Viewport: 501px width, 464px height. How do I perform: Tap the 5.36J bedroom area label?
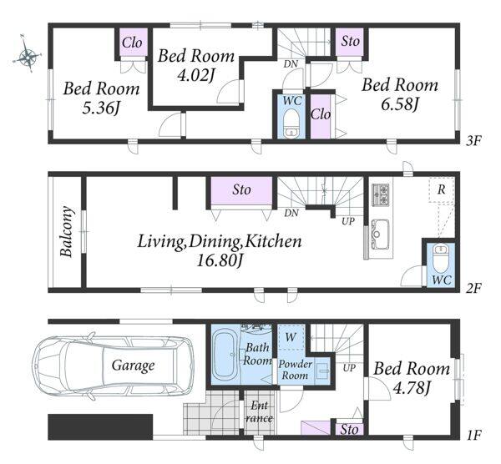101,108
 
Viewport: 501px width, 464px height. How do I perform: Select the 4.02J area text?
195,76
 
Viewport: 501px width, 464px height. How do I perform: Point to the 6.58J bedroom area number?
399,104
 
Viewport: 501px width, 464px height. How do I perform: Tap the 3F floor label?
473,141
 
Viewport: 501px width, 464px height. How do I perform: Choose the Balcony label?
67,231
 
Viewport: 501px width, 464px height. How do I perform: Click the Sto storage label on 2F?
241,189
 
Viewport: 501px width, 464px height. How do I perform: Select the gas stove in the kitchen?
381,194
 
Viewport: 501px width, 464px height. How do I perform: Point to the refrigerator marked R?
442,189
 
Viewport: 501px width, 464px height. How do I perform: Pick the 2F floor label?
473,289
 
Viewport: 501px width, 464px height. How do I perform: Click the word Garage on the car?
133,366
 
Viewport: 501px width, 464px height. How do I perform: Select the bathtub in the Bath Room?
225,355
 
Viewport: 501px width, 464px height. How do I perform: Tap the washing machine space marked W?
291,337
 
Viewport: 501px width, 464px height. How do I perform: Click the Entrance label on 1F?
259,412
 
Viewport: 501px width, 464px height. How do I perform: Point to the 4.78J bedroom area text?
412,388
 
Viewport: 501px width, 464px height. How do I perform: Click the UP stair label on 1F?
349,368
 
